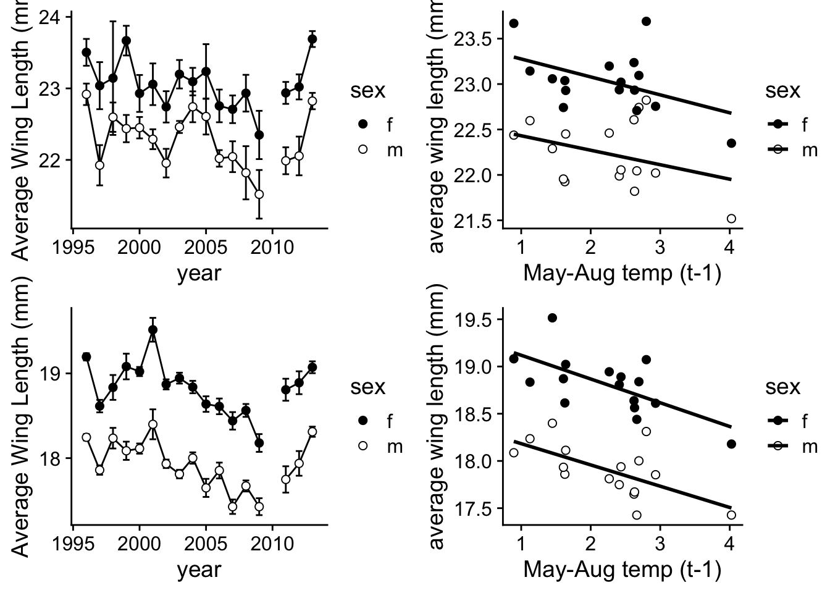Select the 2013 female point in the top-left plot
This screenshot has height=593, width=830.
click(312, 39)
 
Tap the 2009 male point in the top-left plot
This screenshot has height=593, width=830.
click(259, 194)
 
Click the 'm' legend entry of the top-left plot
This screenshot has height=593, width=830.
click(389, 149)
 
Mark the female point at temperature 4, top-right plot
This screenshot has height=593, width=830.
click(731, 143)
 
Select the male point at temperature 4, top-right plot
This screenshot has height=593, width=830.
click(731, 219)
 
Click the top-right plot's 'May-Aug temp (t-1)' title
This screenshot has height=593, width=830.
click(622, 272)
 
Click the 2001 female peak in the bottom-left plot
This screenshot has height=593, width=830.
click(153, 330)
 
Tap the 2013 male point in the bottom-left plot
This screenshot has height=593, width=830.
click(312, 432)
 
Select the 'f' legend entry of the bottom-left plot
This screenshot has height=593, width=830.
click(389, 421)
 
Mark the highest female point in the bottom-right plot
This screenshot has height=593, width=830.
click(552, 318)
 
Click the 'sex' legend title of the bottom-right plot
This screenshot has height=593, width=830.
click(782, 387)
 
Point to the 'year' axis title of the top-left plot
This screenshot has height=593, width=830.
click(199, 272)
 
